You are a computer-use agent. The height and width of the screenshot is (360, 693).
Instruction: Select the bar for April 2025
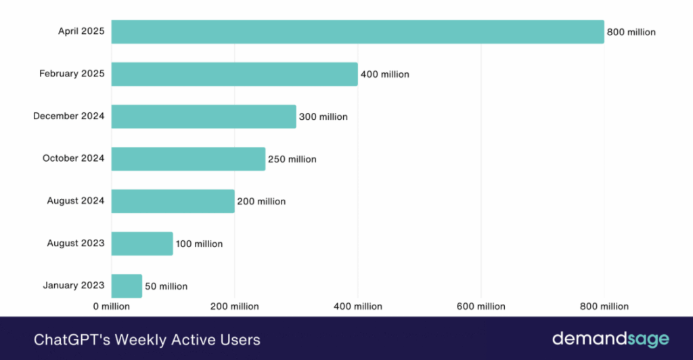[357, 32]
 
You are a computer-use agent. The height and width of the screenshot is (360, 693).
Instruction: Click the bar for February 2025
[234, 74]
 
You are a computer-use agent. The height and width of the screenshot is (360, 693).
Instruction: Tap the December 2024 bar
[204, 116]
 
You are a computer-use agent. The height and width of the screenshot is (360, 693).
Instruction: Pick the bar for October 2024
[188, 159]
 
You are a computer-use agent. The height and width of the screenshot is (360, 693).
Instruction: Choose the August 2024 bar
[173, 201]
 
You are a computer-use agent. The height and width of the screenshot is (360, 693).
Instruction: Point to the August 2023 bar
[142, 244]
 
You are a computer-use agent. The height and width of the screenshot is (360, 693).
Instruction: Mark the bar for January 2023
[127, 286]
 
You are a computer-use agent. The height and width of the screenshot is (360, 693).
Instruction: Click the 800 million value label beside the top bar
[631, 32]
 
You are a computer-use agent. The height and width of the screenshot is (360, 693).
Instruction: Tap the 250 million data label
[292, 159]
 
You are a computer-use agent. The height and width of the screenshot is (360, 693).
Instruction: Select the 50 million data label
[166, 286]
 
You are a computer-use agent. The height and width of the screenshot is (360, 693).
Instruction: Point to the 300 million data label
[323, 117]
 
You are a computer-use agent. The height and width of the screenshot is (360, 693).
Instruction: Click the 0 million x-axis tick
[111, 307]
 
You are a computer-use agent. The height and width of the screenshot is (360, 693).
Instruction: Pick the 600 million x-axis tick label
[480, 307]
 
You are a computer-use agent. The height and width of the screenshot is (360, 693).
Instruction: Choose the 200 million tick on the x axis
[234, 307]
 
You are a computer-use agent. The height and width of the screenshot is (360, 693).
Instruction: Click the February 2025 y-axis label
[72, 74]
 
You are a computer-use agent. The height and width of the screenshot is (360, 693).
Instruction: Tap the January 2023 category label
[73, 286]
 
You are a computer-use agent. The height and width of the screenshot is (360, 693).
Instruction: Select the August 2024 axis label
[75, 201]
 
